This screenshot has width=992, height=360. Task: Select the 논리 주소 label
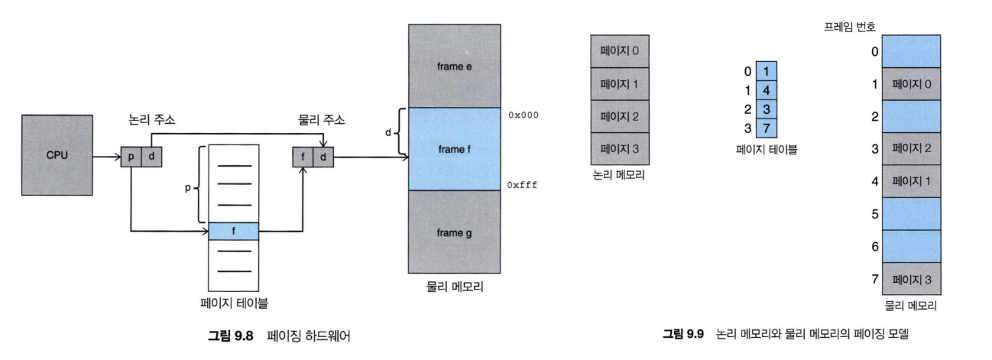pos(152,122)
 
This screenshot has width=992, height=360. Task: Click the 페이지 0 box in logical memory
pos(620,51)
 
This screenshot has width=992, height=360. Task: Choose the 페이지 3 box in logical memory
pos(620,148)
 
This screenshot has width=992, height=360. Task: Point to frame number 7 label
pos(874,281)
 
